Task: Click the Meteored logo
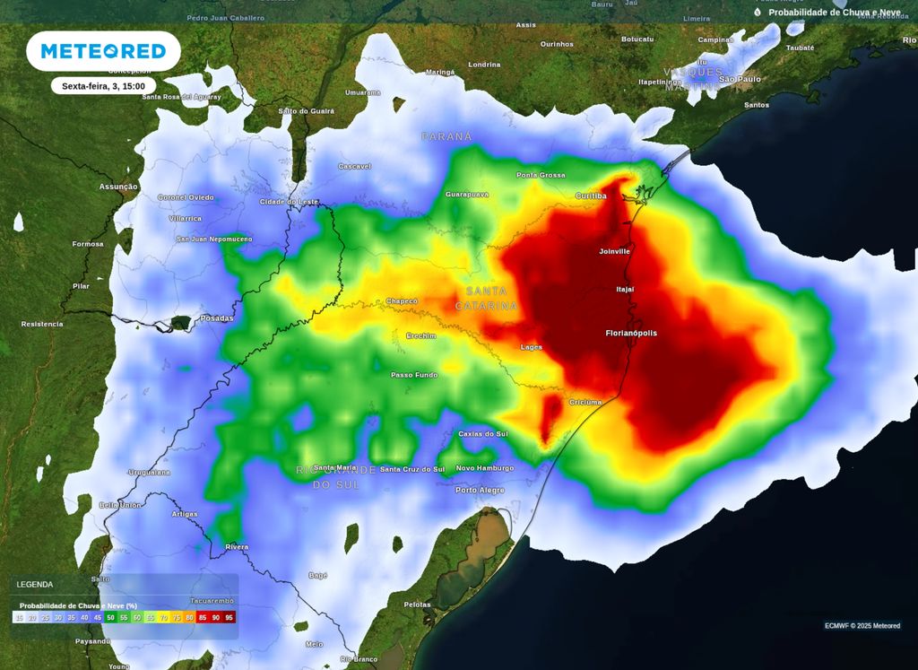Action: click(x=103, y=51)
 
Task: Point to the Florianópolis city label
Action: click(x=631, y=333)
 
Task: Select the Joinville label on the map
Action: click(x=615, y=251)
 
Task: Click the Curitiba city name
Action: click(x=591, y=196)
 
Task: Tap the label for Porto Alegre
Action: click(x=480, y=490)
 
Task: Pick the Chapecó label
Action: click(x=402, y=300)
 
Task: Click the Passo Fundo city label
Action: click(x=414, y=374)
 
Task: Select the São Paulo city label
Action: click(x=740, y=79)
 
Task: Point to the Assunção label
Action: click(x=118, y=187)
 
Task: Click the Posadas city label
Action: click(x=216, y=318)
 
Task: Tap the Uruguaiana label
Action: click(x=150, y=472)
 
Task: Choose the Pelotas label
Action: click(x=418, y=605)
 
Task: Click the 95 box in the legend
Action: click(x=229, y=617)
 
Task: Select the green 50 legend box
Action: click(x=110, y=617)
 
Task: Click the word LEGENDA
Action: click(x=34, y=584)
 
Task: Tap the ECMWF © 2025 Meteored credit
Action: click(x=862, y=626)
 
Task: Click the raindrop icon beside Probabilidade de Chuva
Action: click(x=758, y=13)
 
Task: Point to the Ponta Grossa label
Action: click(x=541, y=175)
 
